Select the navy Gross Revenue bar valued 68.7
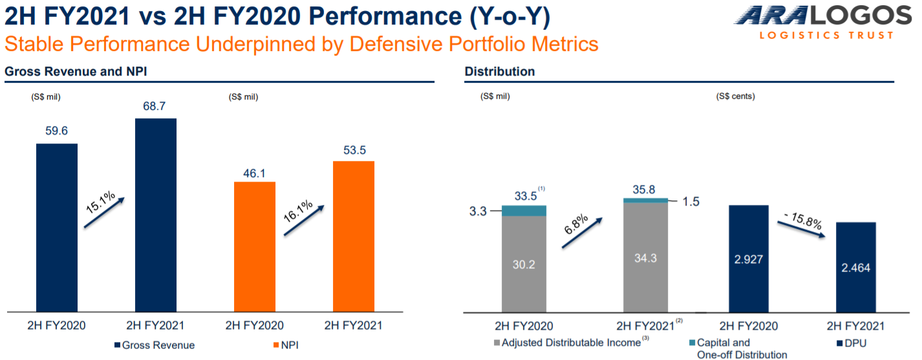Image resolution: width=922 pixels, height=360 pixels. pos(156,213)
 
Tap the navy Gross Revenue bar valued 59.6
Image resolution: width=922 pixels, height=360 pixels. pos(57,226)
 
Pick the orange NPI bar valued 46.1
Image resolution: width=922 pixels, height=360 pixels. pos(255,246)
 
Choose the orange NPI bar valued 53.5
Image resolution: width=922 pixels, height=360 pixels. pos(354,235)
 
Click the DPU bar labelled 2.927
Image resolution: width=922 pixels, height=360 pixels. pos(749,259)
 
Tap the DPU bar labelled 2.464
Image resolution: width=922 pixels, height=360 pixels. pos(856,266)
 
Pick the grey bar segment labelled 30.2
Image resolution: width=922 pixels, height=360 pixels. pos(524,264)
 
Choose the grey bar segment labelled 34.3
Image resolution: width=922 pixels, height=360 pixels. pos(645,258)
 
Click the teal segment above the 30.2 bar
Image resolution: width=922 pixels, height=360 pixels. pos(524,211)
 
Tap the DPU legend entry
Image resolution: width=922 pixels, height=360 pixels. pos(852,343)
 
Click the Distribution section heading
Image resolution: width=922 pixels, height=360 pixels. pos(499,71)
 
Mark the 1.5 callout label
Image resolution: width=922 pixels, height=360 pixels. pos(691,202)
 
